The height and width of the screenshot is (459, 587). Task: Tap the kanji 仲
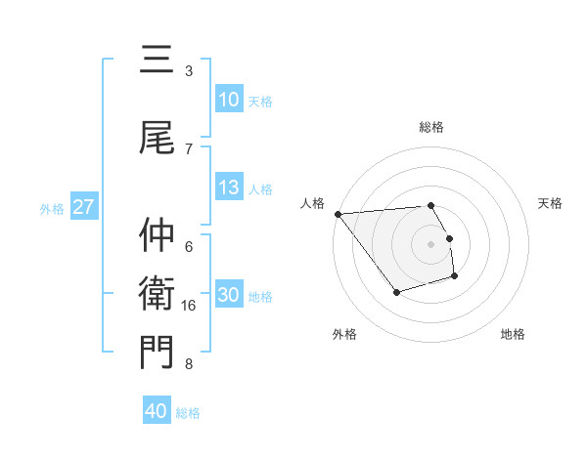tap(157, 234)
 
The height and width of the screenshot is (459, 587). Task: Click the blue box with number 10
tap(229, 100)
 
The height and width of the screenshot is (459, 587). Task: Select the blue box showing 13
tap(229, 188)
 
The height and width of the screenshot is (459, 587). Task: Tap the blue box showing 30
tap(229, 296)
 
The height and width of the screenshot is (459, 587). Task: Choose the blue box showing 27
tap(83, 207)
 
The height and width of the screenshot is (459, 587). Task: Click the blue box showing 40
tap(157, 412)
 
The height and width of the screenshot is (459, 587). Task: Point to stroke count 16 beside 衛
tap(190, 306)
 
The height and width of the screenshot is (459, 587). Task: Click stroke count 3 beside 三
tap(189, 71)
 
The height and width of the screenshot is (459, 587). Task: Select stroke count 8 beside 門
tap(189, 365)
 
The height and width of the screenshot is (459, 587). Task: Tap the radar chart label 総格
tap(431, 127)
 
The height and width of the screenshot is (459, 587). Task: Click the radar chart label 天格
tap(551, 203)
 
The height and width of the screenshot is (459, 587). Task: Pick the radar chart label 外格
tap(344, 335)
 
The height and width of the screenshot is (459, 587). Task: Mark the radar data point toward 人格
tap(338, 214)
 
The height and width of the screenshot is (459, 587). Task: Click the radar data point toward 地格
tap(455, 277)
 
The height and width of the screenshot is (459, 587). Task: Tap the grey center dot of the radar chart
tap(431, 244)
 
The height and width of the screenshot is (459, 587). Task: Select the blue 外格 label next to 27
tap(52, 208)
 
